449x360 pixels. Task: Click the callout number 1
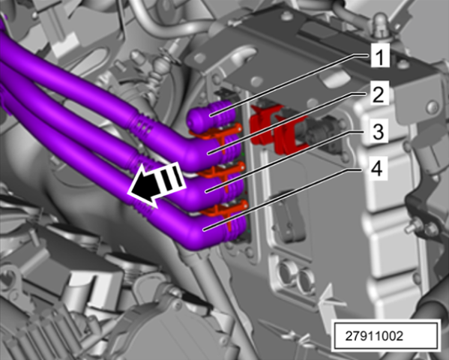380,56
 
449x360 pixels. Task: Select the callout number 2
379,94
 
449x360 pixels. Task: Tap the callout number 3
378,131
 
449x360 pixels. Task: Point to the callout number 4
376,169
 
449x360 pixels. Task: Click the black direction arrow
156,184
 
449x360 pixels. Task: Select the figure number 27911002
374,336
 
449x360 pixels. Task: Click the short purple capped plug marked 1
211,115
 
